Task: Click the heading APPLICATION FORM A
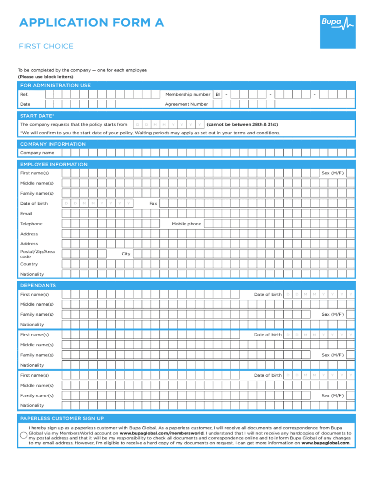pyautogui.click(x=92, y=22)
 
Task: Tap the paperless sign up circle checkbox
pyautogui.click(x=23, y=435)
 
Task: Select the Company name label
pyautogui.click(x=37, y=153)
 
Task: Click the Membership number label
pyautogui.click(x=187, y=94)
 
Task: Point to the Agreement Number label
pyautogui.click(x=186, y=104)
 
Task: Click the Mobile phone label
pyautogui.click(x=186, y=224)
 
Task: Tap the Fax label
pyautogui.click(x=153, y=203)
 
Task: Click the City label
pyautogui.click(x=126, y=254)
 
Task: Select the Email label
pyautogui.click(x=26, y=214)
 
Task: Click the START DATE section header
pyautogui.click(x=37, y=116)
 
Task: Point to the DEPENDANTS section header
pyautogui.click(x=38, y=286)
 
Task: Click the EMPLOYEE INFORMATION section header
pyautogui.click(x=54, y=165)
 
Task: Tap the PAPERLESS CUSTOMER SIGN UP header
pyautogui.click(x=62, y=418)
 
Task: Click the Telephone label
pyautogui.click(x=31, y=224)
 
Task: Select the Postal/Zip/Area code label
pyautogui.click(x=37, y=254)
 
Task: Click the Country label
pyautogui.click(x=29, y=264)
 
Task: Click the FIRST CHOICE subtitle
pyautogui.click(x=46, y=46)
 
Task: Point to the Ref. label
pyautogui.click(x=24, y=94)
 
